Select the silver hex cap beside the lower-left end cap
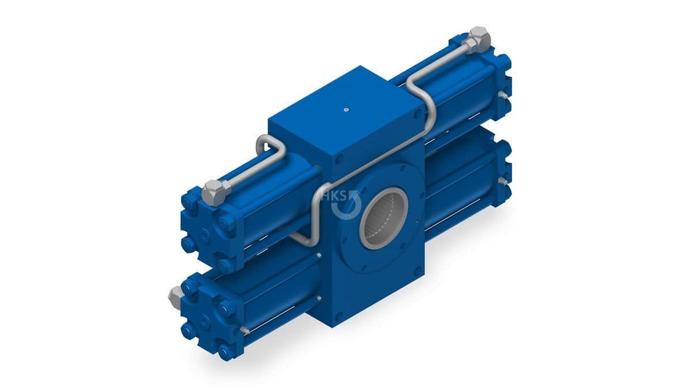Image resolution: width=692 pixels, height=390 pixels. coord(175,297)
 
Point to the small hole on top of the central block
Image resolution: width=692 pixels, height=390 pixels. coord(347,109)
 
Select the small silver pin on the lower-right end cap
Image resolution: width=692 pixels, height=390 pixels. coord(503,181)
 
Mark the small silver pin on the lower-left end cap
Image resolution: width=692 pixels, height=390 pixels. coord(245,330)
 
